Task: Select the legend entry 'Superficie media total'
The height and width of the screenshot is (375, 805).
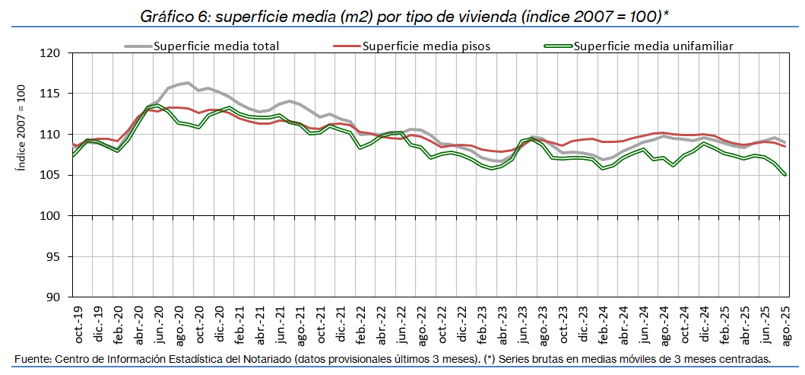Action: tap(216, 46)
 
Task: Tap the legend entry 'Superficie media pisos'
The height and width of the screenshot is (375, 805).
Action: tap(426, 46)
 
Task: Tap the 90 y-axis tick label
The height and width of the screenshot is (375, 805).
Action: tap(52, 297)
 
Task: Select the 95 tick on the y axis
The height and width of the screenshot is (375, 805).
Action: tap(52, 256)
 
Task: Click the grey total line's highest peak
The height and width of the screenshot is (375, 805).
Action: tap(188, 83)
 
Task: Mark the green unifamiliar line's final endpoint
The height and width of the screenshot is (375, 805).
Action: tap(784, 175)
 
